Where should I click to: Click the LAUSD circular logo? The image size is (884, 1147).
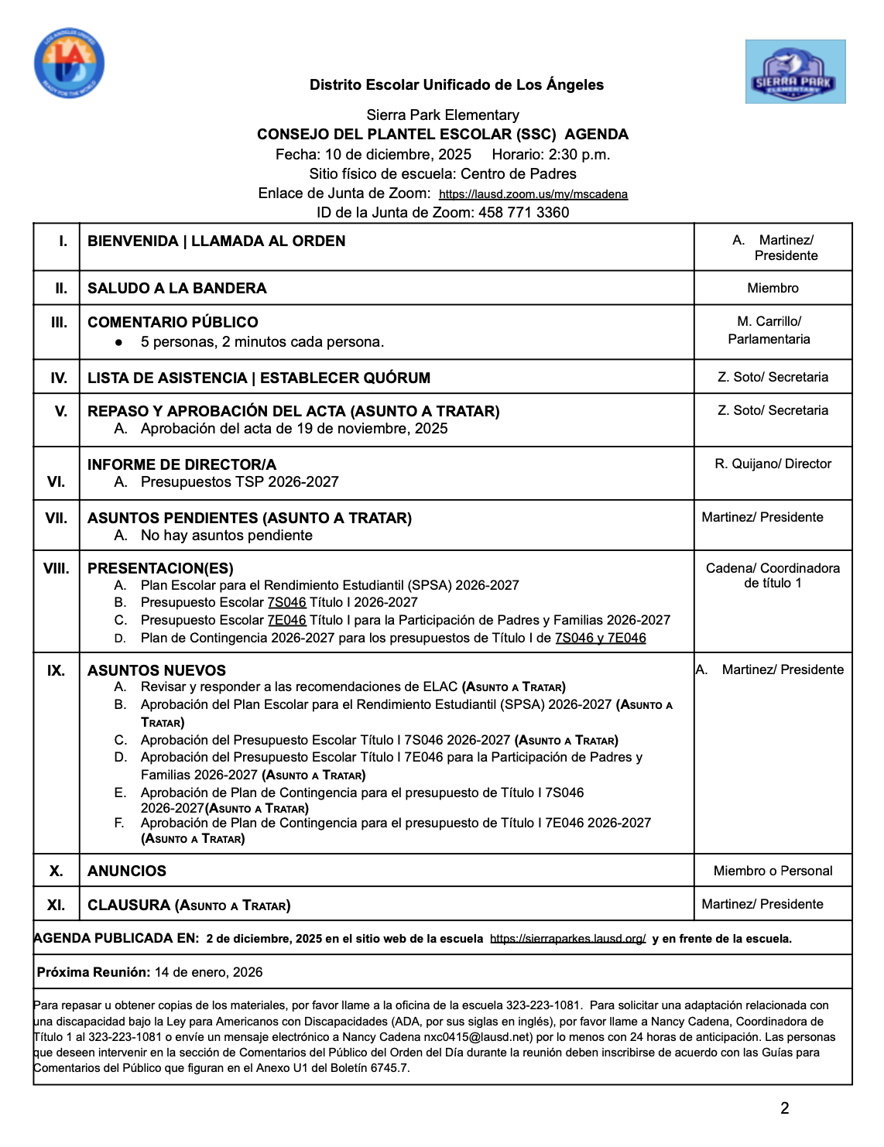pos(69,64)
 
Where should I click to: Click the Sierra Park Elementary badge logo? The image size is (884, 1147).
pos(795,72)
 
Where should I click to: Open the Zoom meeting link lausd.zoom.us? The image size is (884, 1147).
pos(533,194)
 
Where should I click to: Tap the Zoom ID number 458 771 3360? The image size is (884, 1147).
pos(523,213)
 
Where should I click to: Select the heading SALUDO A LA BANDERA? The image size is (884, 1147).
pos(176,289)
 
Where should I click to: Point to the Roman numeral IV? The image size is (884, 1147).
pos(58,378)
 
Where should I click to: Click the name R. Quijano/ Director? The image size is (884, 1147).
pos(773,464)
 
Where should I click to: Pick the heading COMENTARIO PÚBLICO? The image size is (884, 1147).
pos(173,323)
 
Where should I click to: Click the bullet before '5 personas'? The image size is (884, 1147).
pos(118,342)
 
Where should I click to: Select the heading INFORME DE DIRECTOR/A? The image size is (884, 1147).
pos(181,465)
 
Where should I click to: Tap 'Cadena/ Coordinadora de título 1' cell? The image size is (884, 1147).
pos(773,576)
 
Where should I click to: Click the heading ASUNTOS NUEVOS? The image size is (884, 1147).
pos(156,671)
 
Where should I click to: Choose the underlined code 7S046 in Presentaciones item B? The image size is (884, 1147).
pos(286,603)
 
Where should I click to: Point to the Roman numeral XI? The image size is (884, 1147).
pos(56,906)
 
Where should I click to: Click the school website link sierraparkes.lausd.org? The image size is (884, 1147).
pos(567,939)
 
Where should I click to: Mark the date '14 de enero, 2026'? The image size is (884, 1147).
pos(208,973)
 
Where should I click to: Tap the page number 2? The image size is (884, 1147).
pos(784,1108)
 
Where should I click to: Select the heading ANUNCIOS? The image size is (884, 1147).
pos(127,871)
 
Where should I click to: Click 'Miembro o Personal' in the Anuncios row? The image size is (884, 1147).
pos(773,871)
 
